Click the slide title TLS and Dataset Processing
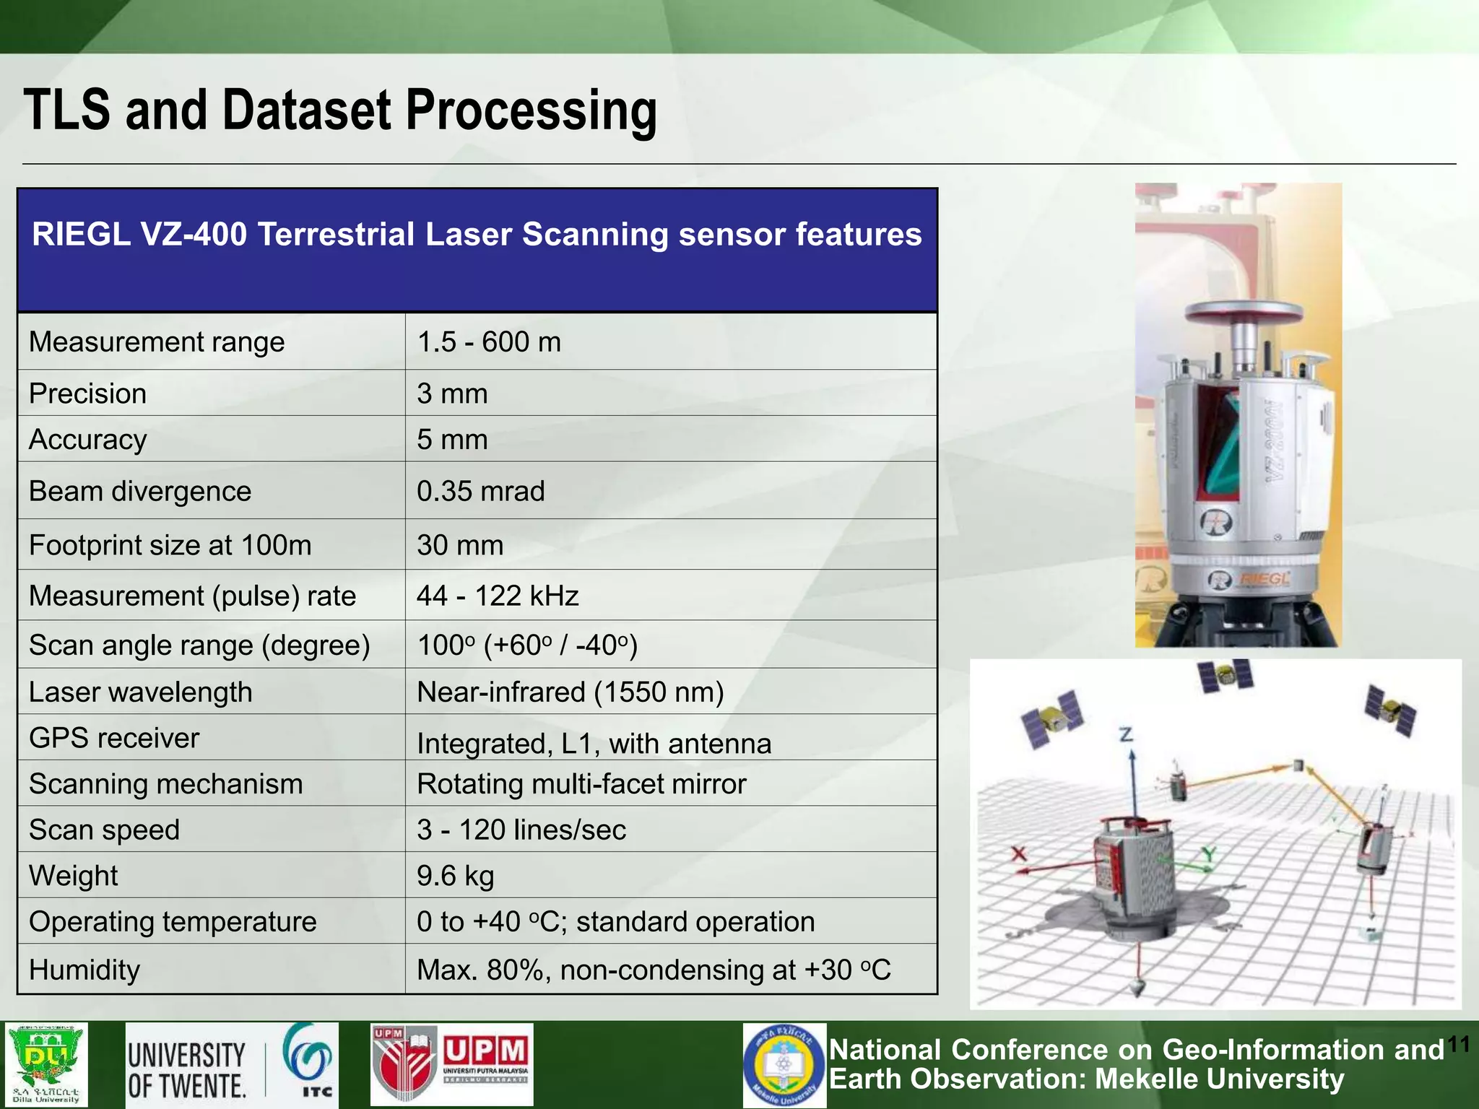pos(340,110)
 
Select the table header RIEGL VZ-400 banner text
pos(477,235)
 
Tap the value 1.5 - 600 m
pos(489,342)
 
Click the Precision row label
pos(87,393)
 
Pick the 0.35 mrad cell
pos(480,491)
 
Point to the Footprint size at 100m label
pos(170,544)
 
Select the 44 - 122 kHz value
pos(498,596)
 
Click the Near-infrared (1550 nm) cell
pos(570,692)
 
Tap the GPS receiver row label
pos(113,738)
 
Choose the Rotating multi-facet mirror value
pos(581,783)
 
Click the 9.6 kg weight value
pos(455,875)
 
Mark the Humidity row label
pos(84,969)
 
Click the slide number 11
pos(1458,1044)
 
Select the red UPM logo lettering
pos(485,1051)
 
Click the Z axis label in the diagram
pos(1126,735)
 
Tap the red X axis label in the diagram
pos(1018,854)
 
